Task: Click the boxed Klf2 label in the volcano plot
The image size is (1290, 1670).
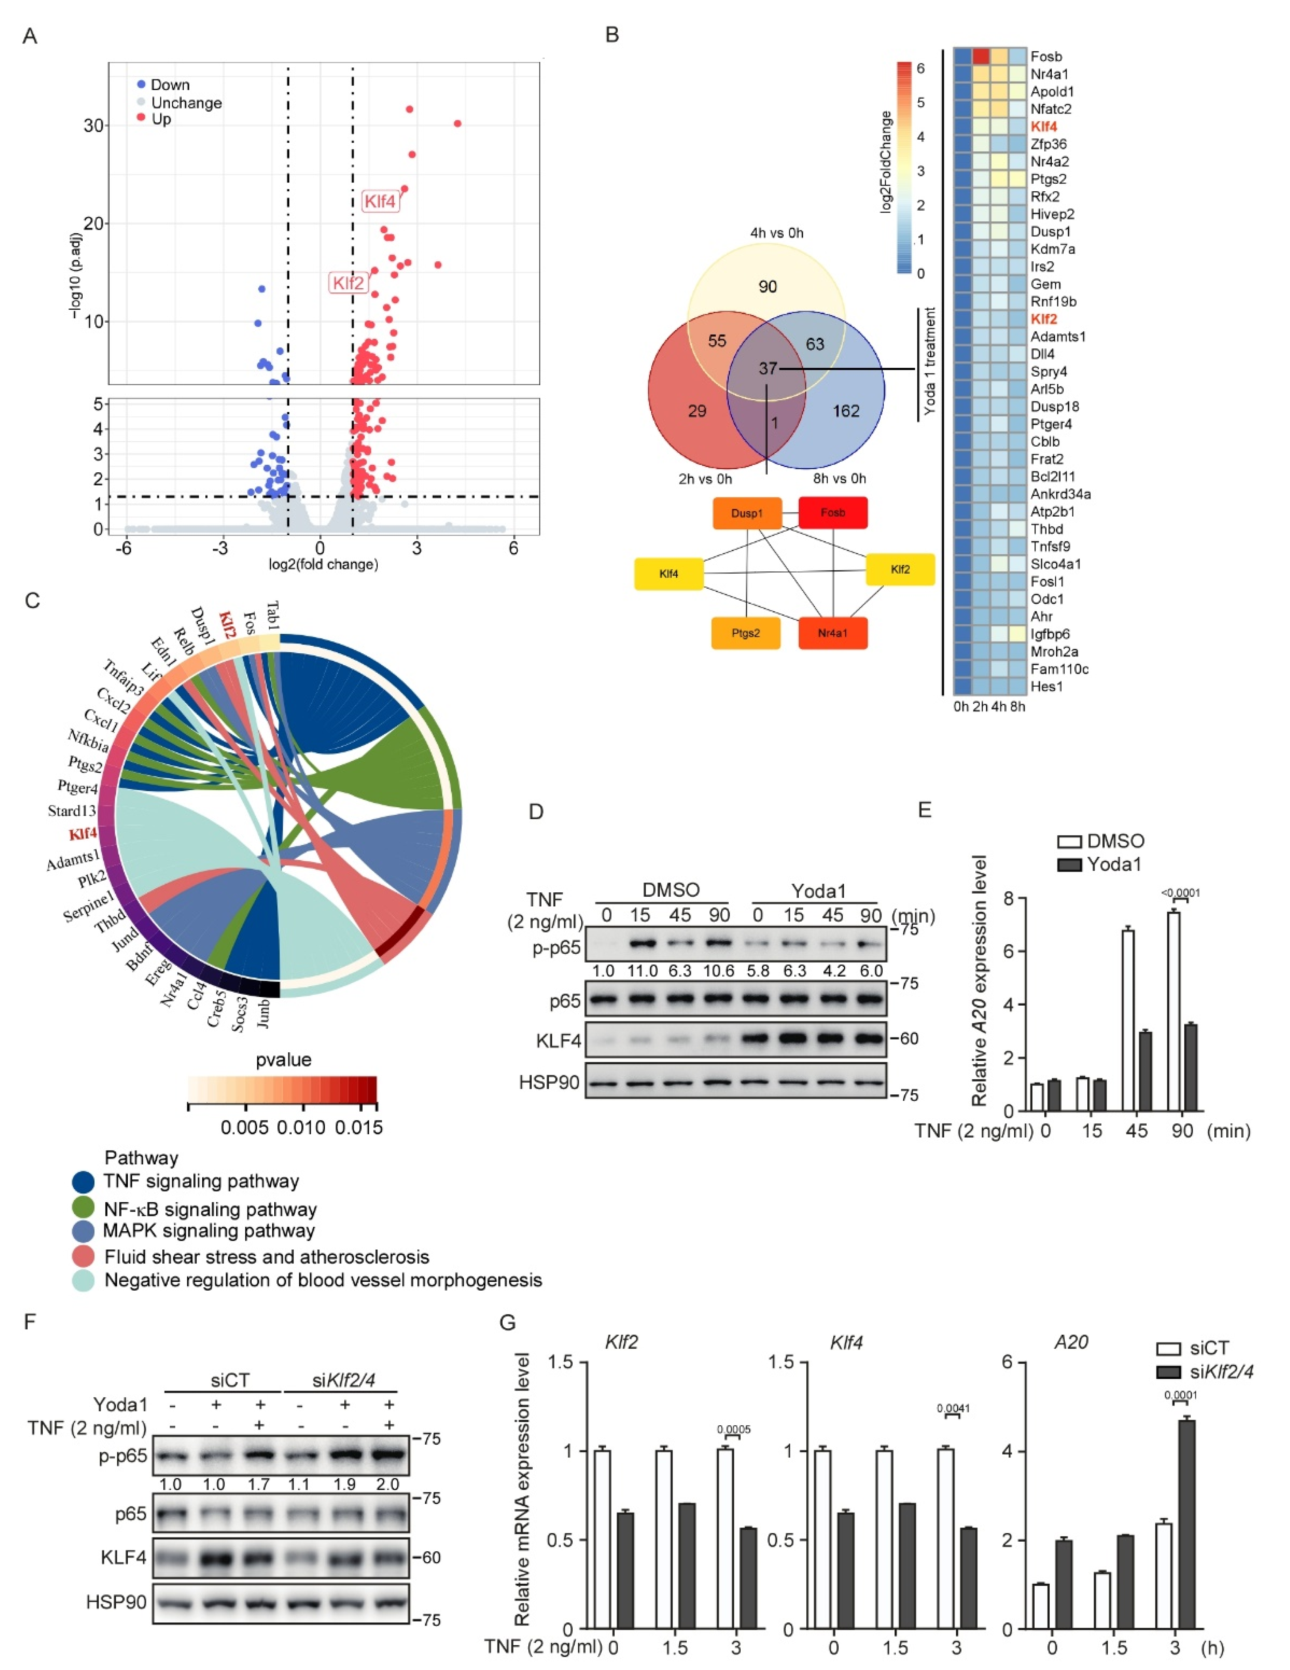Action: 348,283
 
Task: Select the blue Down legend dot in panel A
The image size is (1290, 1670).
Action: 141,84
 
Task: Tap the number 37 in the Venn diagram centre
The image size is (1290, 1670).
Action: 768,369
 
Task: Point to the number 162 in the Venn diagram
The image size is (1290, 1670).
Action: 846,411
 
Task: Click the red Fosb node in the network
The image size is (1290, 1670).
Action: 833,512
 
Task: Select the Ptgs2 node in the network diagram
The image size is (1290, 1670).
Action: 746,633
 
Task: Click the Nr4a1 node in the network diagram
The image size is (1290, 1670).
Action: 833,633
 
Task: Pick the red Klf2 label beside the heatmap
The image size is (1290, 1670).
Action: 1044,319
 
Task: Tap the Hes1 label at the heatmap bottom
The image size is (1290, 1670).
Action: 1046,687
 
